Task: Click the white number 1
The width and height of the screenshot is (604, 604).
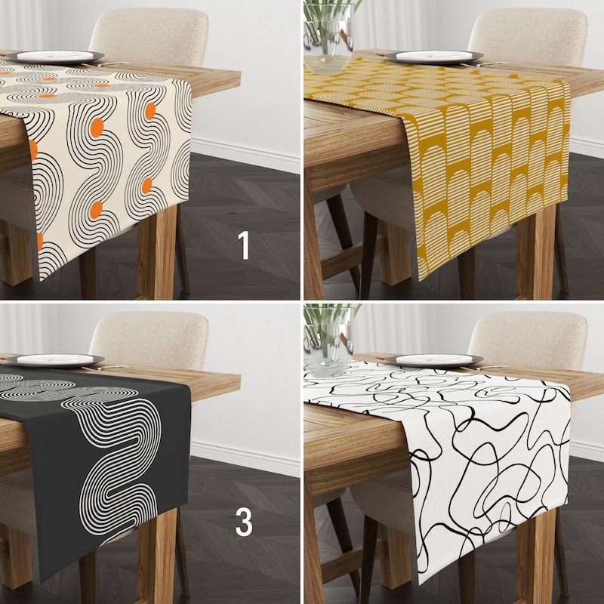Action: coord(243,245)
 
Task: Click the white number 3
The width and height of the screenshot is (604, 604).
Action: coord(244,522)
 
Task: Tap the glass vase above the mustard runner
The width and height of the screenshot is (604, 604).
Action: coord(328,37)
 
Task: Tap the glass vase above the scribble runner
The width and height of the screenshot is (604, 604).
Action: coord(328,339)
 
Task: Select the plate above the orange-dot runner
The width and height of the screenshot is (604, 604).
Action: coord(55,57)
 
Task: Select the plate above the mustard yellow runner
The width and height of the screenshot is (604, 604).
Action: coord(433,57)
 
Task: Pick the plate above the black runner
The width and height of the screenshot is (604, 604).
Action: coord(55,360)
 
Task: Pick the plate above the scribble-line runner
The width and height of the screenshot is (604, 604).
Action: coord(433,360)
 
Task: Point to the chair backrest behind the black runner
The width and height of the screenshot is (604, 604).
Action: coord(150,340)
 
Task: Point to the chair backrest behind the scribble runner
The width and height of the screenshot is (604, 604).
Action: coord(528,340)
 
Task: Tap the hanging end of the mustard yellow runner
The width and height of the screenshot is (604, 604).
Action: coord(489,174)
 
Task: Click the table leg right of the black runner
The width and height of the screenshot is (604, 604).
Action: coord(157,555)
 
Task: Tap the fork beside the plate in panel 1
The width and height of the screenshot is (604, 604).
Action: coord(105,64)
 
